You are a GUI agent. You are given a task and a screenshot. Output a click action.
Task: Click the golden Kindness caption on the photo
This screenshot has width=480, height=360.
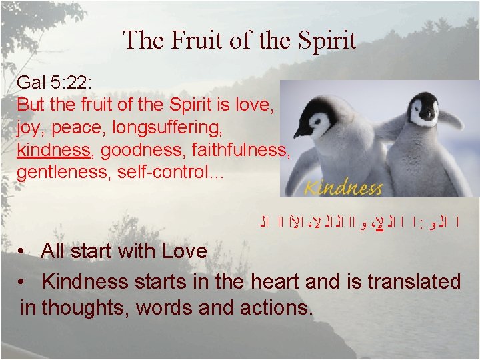[x=343, y=187]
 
